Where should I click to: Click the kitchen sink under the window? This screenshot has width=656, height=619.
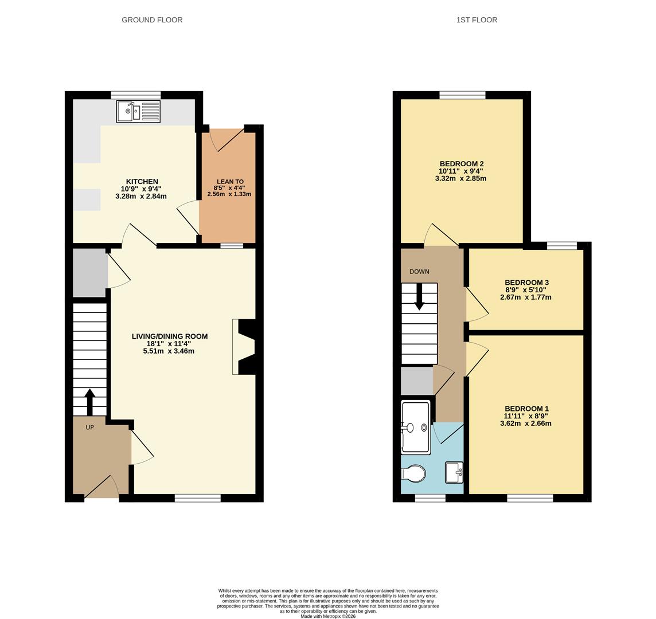(x=138, y=112)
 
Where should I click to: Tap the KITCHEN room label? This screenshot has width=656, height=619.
(x=142, y=182)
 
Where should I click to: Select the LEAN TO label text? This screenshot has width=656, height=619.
(x=229, y=182)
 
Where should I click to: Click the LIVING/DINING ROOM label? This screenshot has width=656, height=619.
(x=170, y=336)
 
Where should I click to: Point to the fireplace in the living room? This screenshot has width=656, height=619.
(x=244, y=347)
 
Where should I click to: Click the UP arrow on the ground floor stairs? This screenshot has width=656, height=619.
(x=89, y=401)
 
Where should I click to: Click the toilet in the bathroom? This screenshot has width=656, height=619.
(x=414, y=473)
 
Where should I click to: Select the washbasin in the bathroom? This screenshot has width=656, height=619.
(x=454, y=472)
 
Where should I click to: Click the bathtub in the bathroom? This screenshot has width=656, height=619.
(x=416, y=428)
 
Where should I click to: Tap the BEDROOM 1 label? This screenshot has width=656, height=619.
(x=526, y=409)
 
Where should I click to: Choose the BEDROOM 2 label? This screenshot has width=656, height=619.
(x=462, y=164)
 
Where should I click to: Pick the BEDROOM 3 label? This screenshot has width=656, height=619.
(x=526, y=283)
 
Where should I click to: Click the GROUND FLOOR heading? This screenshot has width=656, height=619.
(x=152, y=20)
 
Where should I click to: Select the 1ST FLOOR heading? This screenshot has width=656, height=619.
(x=477, y=20)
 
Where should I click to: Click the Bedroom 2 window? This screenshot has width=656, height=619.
(x=462, y=95)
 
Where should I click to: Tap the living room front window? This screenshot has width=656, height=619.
(x=197, y=498)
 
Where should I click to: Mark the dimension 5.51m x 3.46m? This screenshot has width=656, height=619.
(x=169, y=351)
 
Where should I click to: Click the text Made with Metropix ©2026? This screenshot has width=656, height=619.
(x=328, y=616)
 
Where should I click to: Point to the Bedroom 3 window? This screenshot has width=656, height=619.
(x=561, y=246)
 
